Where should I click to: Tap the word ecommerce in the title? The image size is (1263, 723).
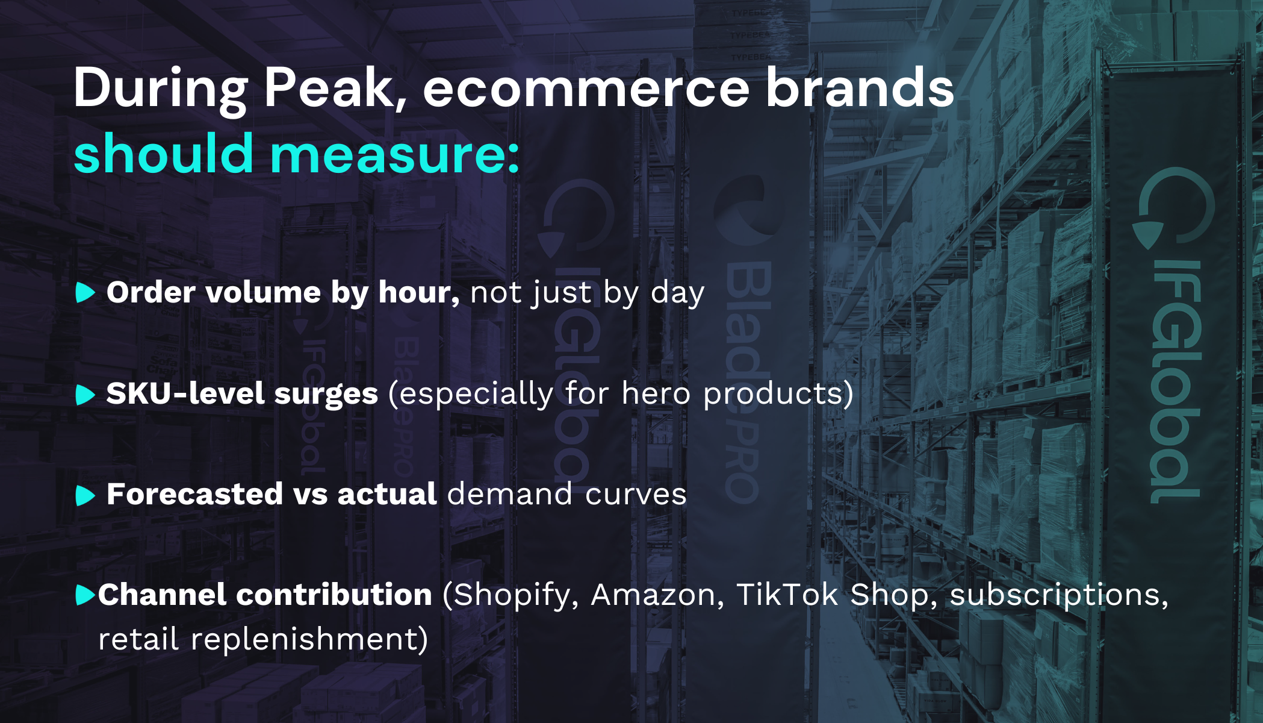coord(586,88)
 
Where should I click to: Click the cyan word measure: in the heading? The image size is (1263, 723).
coord(394,154)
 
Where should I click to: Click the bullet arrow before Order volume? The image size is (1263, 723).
coord(85,293)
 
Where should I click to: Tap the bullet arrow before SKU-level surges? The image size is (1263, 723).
coord(85,395)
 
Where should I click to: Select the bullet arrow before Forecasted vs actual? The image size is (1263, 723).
coord(85,496)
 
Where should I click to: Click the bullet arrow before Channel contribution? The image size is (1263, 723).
coord(84,595)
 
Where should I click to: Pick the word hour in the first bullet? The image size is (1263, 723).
coord(418,293)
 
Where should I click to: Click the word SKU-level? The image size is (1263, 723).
coord(185,394)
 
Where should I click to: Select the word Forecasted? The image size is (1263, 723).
coord(194,495)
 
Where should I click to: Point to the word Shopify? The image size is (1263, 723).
coord(511,595)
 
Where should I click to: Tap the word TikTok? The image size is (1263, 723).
coord(787,595)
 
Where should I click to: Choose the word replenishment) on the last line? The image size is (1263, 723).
coord(309,639)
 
